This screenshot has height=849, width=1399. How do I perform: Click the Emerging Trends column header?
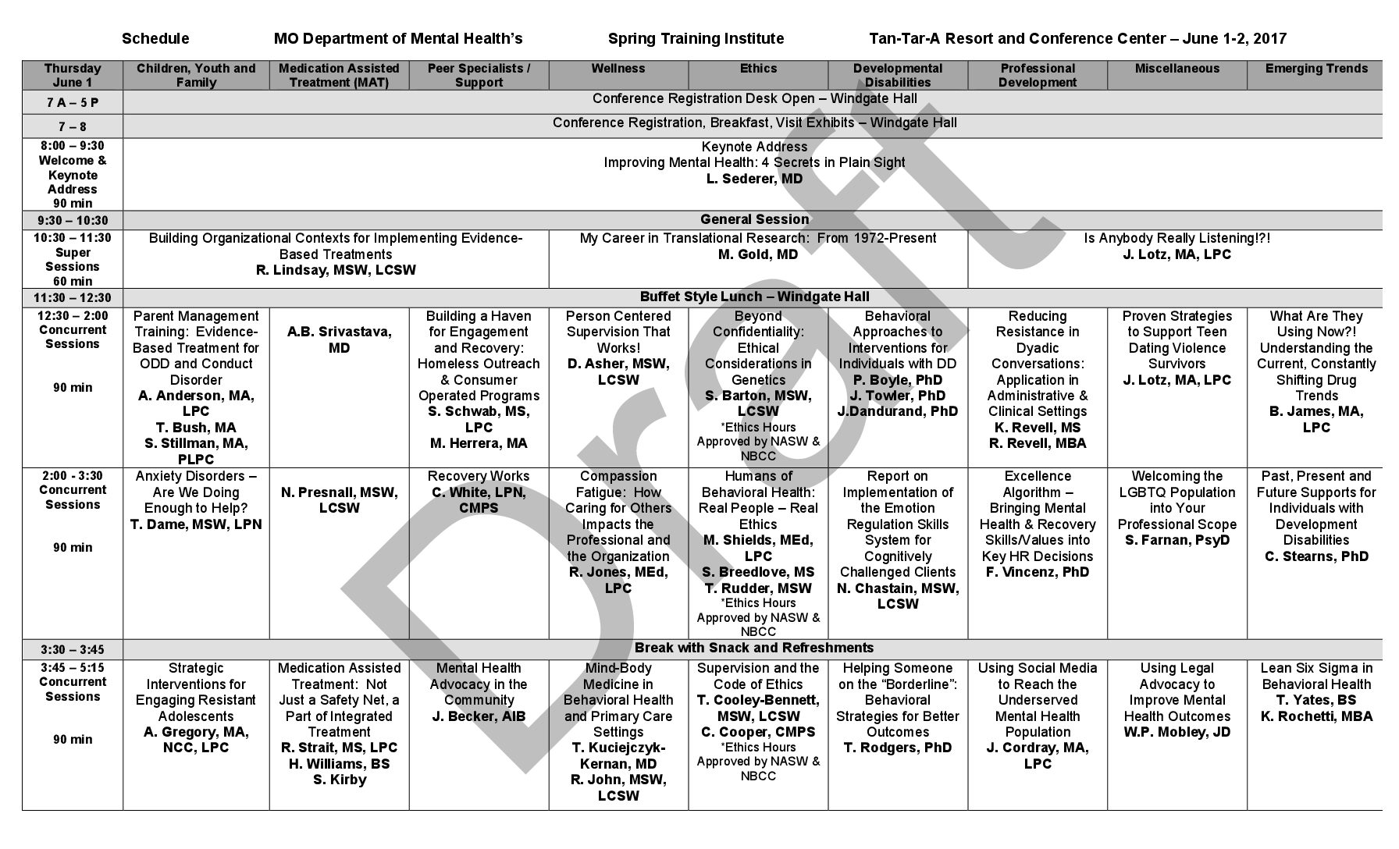pos(1316,69)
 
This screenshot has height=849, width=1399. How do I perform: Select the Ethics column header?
pos(758,69)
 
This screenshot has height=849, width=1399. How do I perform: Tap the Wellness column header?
pos(618,69)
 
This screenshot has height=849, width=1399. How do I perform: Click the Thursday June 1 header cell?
pos(73,76)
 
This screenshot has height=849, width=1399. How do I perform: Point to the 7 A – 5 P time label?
pos(73,102)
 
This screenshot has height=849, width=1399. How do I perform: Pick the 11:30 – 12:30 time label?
pos(73,297)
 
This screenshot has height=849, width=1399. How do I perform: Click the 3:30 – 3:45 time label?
pos(73,649)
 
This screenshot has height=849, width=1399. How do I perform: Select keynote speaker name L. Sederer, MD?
pos(754,179)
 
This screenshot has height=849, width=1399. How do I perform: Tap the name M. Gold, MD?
pos(758,254)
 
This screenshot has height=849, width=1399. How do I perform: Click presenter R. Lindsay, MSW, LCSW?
pos(336,270)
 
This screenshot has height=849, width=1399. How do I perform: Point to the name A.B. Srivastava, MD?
pos(339,339)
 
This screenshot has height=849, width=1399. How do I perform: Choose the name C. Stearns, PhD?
pos(1316,556)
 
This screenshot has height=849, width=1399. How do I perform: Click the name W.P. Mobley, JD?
pos(1177,732)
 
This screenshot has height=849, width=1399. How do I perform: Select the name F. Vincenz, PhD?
pos(1037,572)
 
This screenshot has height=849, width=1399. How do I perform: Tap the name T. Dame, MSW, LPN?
pos(196,524)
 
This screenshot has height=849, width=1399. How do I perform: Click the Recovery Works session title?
pos(479,476)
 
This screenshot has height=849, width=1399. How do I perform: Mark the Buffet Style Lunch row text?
pos(754,297)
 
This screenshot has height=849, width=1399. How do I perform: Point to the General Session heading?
pos(754,219)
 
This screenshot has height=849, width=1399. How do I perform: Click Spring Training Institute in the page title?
pos(696,39)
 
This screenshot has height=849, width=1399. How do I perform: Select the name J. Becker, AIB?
pos(479,716)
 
